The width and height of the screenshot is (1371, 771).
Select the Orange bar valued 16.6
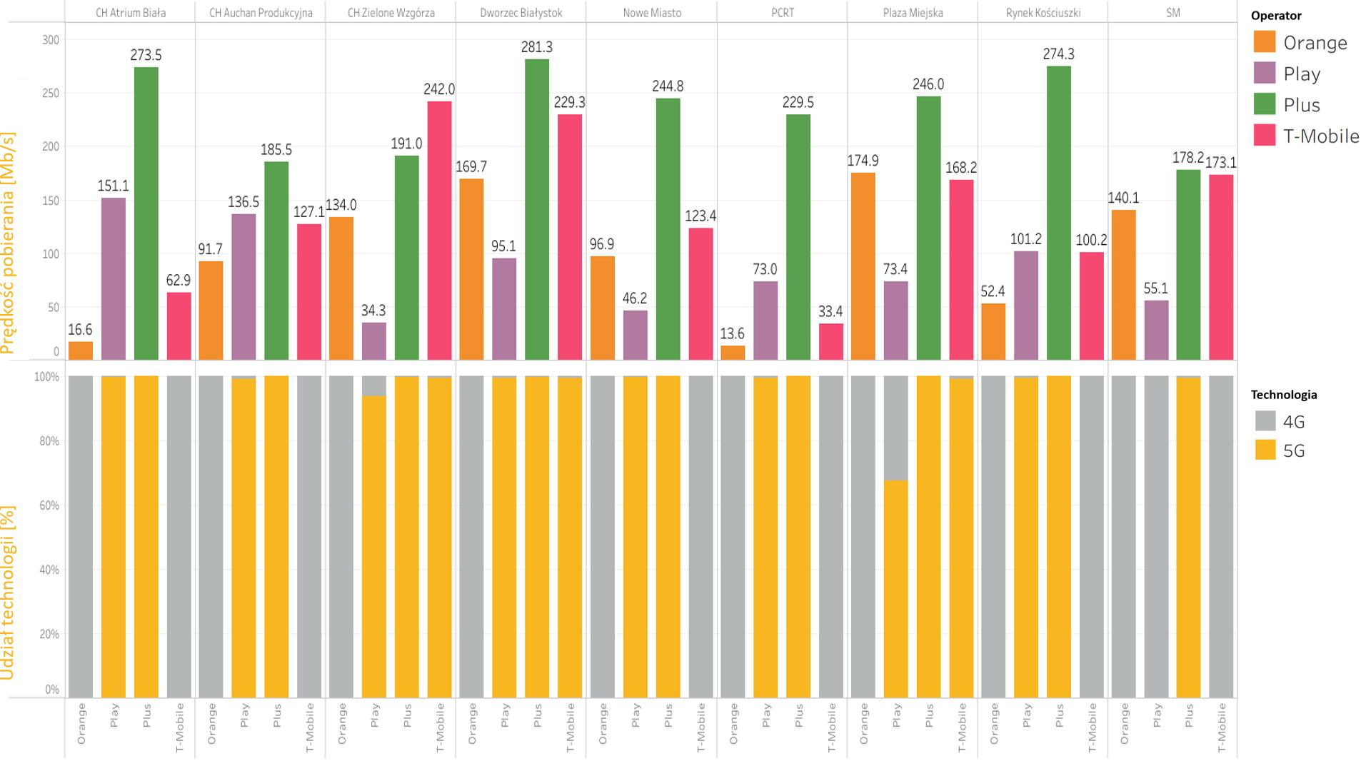coord(81,351)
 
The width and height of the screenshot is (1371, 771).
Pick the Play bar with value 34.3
coord(373,341)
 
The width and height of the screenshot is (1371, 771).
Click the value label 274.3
coord(1058,54)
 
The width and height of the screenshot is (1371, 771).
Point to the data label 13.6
coord(732,333)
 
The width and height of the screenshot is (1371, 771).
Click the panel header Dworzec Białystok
coord(521,13)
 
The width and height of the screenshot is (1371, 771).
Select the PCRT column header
coord(783,13)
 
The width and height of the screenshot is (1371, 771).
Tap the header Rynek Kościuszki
coord(1043,13)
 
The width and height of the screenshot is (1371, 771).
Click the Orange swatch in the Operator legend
coord(1265,42)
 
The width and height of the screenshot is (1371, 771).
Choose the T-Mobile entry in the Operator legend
coord(1321,136)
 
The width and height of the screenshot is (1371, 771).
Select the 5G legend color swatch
coord(1265,450)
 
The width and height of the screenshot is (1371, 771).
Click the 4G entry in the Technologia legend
coord(1293,421)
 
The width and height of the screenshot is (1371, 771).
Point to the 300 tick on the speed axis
coord(51,40)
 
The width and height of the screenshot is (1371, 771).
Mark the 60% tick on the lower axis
coord(49,505)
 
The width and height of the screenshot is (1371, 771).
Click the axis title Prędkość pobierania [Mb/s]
coord(8,243)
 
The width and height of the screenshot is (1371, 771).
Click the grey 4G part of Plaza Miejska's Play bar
coord(895,428)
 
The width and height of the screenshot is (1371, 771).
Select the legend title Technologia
coord(1283,395)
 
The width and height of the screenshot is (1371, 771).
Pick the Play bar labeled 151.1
coord(114,278)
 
